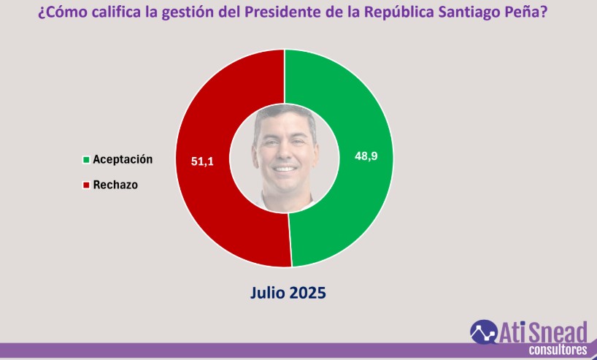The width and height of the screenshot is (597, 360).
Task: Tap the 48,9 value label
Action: (x=366, y=156)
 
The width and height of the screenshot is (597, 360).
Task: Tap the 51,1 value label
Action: (x=202, y=161)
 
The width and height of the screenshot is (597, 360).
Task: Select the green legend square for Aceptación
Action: (x=86, y=159)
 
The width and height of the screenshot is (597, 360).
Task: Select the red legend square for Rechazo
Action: (x=86, y=185)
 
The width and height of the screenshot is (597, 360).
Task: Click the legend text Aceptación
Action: (x=123, y=159)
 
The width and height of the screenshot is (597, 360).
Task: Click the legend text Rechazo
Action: (x=115, y=185)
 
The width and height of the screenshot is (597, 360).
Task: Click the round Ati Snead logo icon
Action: (x=483, y=332)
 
